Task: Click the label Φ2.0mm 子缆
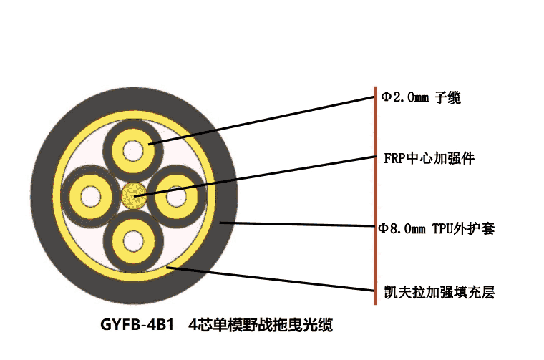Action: click(421, 97)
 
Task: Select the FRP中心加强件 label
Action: click(429, 158)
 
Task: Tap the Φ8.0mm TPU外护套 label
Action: click(436, 228)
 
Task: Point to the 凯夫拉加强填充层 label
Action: click(439, 293)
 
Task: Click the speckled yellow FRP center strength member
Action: click(134, 196)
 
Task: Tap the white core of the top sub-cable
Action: click(133, 150)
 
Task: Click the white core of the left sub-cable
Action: click(91, 197)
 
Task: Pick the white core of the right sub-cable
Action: click(176, 197)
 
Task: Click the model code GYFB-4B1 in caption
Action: click(137, 325)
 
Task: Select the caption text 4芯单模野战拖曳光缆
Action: click(261, 325)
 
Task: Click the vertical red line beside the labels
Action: click(375, 196)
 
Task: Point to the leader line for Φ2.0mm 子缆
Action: click(261, 121)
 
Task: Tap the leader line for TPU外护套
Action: click(298, 225)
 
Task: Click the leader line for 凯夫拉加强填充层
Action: click(271, 279)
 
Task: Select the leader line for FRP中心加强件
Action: click(255, 177)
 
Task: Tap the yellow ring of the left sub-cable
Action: click(74, 197)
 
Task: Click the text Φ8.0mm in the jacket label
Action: click(402, 228)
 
